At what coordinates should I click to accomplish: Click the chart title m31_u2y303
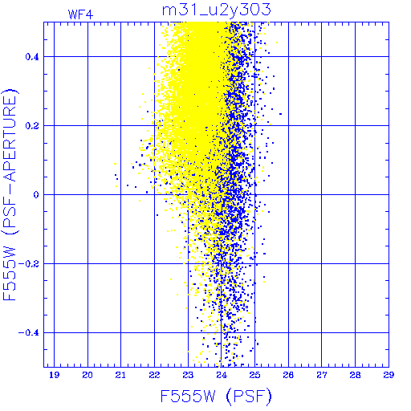(217, 10)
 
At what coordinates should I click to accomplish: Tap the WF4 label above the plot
(81, 14)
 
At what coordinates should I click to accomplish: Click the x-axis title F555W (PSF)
(216, 397)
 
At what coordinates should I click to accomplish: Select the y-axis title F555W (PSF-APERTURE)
(10, 195)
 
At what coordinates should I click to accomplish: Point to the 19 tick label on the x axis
(55, 375)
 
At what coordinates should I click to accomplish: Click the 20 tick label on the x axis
(87, 375)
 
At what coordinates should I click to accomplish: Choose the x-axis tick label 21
(120, 375)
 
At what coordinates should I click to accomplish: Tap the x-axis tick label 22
(154, 375)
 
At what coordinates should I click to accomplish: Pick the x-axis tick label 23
(188, 375)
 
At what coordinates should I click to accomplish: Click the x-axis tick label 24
(222, 375)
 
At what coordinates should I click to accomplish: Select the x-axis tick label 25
(254, 375)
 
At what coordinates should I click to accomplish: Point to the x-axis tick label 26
(288, 375)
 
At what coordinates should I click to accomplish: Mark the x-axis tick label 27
(322, 375)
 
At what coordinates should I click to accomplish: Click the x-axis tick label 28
(355, 375)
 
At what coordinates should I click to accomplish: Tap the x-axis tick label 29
(389, 375)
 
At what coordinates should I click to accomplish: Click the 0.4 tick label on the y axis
(32, 57)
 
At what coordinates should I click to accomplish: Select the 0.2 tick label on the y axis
(32, 126)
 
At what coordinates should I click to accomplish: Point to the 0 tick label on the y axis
(36, 195)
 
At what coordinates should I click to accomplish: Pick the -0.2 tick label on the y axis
(29, 264)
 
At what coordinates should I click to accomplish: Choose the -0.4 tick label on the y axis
(29, 333)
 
